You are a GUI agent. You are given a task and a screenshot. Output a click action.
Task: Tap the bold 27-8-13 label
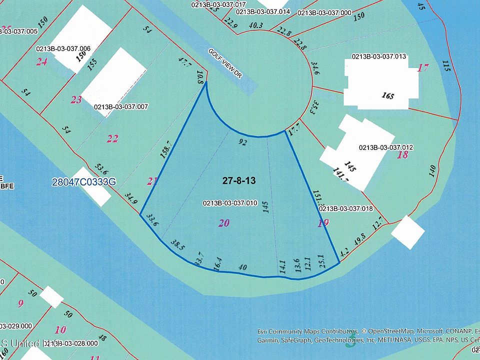pos(239,181)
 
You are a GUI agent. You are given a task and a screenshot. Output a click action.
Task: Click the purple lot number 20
pos(223,223)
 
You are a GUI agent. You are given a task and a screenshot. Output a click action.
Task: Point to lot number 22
pos(112,138)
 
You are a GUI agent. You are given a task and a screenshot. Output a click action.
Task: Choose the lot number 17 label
pos(423,67)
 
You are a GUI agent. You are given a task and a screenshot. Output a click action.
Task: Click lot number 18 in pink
pos(402,155)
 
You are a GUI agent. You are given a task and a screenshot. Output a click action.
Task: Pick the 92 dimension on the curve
pos(243,142)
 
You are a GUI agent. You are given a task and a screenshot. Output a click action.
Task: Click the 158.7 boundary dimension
pos(166,149)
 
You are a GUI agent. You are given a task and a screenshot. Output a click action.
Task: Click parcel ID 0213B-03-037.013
pos(379,56)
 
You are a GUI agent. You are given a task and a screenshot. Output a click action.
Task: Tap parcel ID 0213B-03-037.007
pos(121,106)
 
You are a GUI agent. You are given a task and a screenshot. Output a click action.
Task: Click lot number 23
pos(76,100)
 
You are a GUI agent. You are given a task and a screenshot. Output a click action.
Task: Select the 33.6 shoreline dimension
pos(152,220)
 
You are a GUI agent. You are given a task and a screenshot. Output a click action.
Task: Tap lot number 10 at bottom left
pos(60,329)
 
